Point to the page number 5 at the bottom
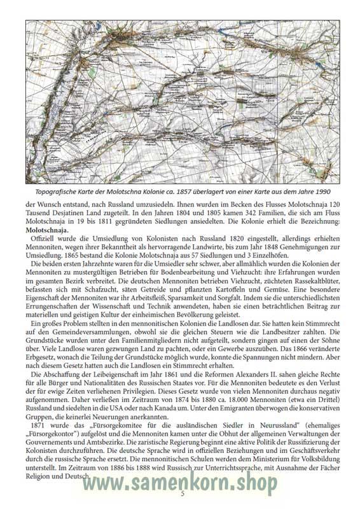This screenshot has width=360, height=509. click(183, 493)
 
